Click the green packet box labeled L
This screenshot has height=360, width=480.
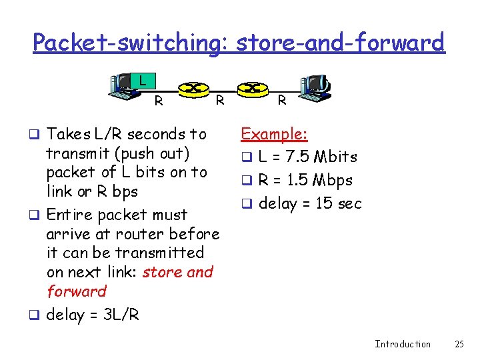141,81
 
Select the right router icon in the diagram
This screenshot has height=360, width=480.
251,88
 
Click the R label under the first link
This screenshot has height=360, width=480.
159,101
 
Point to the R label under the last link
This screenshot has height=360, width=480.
282,101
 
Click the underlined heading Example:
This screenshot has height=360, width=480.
274,134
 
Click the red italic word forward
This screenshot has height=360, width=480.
77,291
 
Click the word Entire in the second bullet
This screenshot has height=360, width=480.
69,215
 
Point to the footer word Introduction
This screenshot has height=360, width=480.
403,344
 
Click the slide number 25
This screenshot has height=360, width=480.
459,344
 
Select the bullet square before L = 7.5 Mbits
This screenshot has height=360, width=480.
245,158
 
